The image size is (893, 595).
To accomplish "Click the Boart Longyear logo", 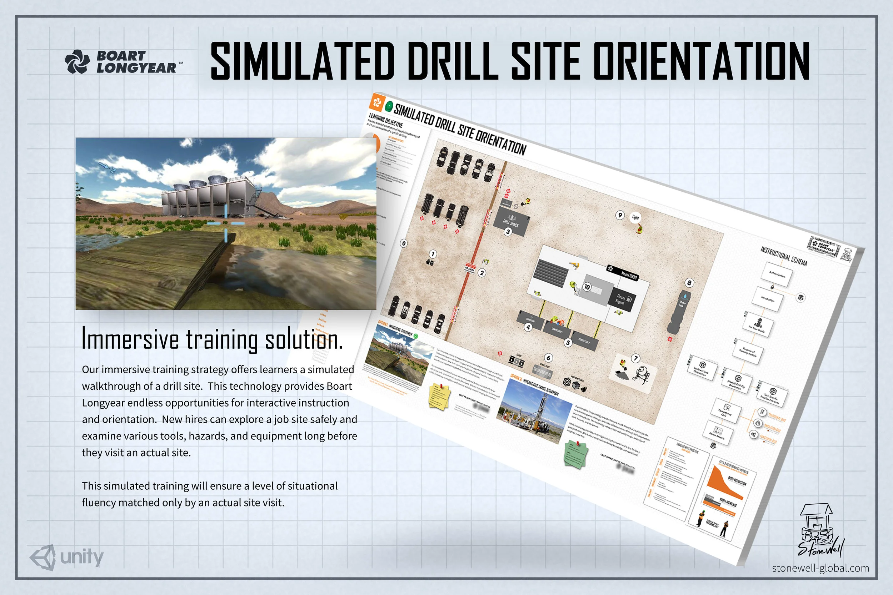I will coord(123,61).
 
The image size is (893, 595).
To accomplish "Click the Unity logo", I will coord(67,558).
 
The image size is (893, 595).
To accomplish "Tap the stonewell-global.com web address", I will coord(820,568).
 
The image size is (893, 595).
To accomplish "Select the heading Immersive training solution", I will coord(212,339).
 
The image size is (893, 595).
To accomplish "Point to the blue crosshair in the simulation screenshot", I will coord(226,223).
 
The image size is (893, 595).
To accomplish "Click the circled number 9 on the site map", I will coord(620,215).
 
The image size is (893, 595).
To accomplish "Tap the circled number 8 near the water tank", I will coord(689,282).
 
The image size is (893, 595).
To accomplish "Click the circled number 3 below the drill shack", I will coord(508,232).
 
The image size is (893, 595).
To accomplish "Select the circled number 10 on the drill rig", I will coord(587,287).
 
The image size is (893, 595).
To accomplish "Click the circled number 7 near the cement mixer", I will coord(635,358).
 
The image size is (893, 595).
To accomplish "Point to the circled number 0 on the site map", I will coord(404,243).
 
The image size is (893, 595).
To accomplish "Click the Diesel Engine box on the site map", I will coord(623,299).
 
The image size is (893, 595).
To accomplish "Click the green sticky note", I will coord(576,455).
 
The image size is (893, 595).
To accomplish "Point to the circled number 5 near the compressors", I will coord(568,342).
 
